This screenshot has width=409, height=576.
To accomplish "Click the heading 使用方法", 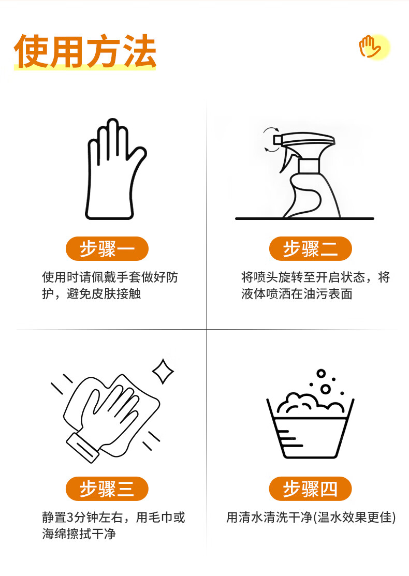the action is [85, 51].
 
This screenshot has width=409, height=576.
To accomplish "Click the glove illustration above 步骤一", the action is [115, 169].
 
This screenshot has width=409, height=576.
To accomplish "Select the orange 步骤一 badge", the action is [107, 249].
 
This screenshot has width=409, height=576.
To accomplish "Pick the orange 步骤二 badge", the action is [311, 249].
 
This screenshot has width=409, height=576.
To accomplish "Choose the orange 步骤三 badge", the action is [107, 489].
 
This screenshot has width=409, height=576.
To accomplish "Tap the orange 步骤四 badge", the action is [311, 489].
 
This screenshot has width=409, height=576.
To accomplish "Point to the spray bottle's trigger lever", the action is [285, 158].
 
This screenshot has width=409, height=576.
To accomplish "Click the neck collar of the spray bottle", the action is [309, 166].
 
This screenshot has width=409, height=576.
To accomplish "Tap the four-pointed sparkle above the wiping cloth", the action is [163, 371].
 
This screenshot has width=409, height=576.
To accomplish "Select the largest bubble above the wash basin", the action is [326, 389].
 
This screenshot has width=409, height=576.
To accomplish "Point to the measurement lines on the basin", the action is [289, 438].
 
